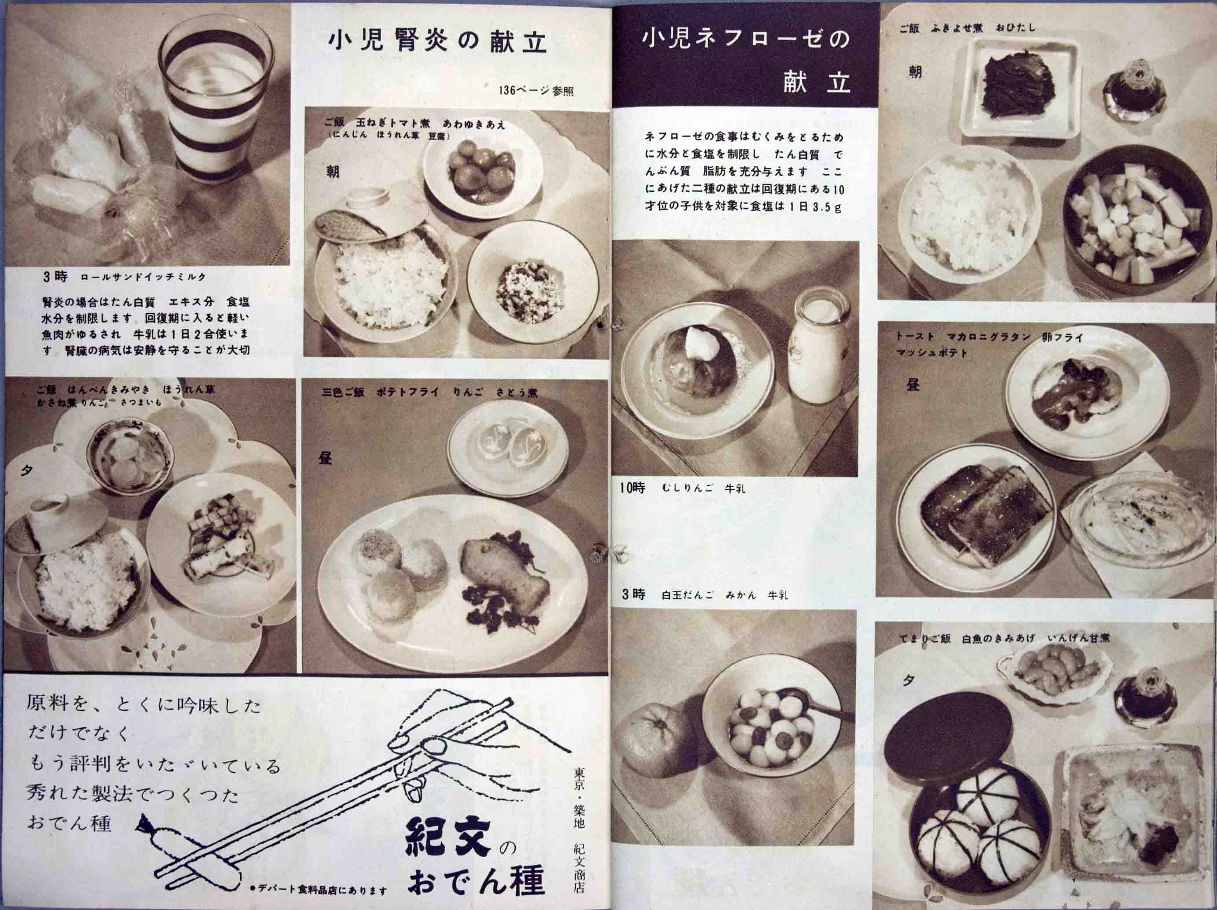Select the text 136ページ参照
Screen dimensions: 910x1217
click(x=536, y=91)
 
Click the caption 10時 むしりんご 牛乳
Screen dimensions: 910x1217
click(x=682, y=488)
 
